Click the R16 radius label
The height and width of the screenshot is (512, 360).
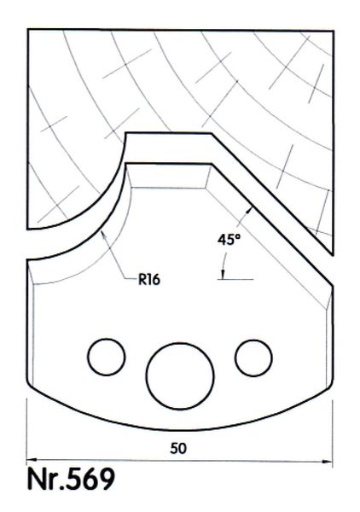[x=149, y=280]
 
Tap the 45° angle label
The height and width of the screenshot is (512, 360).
[x=229, y=240]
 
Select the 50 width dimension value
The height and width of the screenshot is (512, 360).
[x=178, y=448]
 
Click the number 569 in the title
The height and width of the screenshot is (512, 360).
[x=90, y=479]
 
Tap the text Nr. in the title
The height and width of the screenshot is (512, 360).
[x=45, y=480]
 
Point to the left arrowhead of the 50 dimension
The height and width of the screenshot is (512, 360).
[x=31, y=460]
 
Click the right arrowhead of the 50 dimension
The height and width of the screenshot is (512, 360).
[x=328, y=462]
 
